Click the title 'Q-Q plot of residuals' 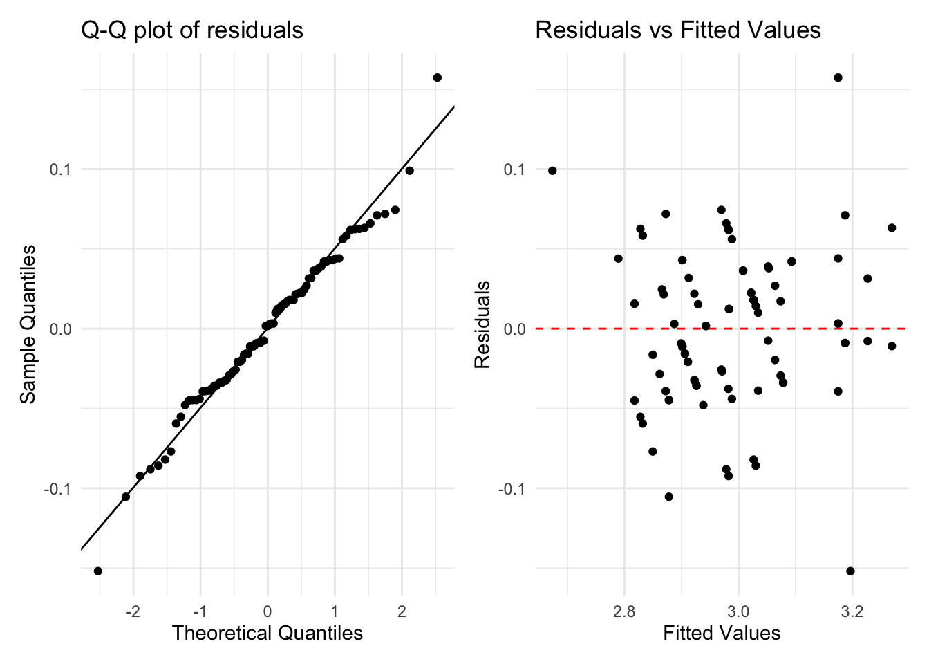[192, 30]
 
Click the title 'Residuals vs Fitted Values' [678, 30]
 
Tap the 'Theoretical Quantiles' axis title [268, 633]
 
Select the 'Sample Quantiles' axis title [28, 324]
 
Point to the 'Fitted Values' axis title [722, 633]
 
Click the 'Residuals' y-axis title [482, 324]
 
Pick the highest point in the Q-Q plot [437, 77]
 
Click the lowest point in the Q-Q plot [98, 571]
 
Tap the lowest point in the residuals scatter [850, 571]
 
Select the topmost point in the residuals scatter [838, 77]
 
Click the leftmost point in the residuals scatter [552, 170]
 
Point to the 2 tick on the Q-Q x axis [402, 612]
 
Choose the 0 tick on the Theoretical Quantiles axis [268, 612]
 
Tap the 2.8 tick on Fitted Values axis [624, 612]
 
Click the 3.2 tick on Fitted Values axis [852, 612]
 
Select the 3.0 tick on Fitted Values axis [738, 612]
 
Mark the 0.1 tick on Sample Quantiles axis [61, 169]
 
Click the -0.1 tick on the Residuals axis [513, 488]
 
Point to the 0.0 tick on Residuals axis [515, 329]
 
